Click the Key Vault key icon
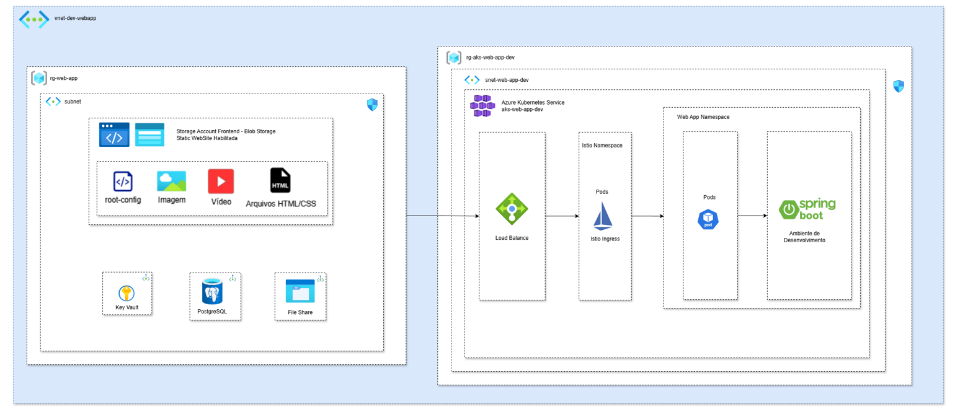(x=127, y=294)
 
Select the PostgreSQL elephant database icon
(x=212, y=291)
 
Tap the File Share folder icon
(x=300, y=291)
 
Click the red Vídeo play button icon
(x=221, y=181)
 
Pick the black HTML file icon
(x=280, y=180)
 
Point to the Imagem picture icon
(x=171, y=181)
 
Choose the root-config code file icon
(x=123, y=182)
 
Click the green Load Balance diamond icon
(x=512, y=209)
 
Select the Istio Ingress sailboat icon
(x=603, y=216)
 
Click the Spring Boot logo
(x=807, y=209)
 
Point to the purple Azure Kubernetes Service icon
(x=482, y=106)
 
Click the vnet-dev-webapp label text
(x=76, y=19)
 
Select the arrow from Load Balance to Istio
(x=562, y=216)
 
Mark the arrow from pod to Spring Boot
(x=752, y=216)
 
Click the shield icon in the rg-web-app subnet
(x=372, y=105)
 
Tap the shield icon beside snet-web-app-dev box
(x=899, y=86)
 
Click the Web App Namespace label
(x=703, y=117)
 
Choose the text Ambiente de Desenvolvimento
(x=804, y=237)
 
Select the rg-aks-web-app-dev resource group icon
(x=454, y=58)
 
